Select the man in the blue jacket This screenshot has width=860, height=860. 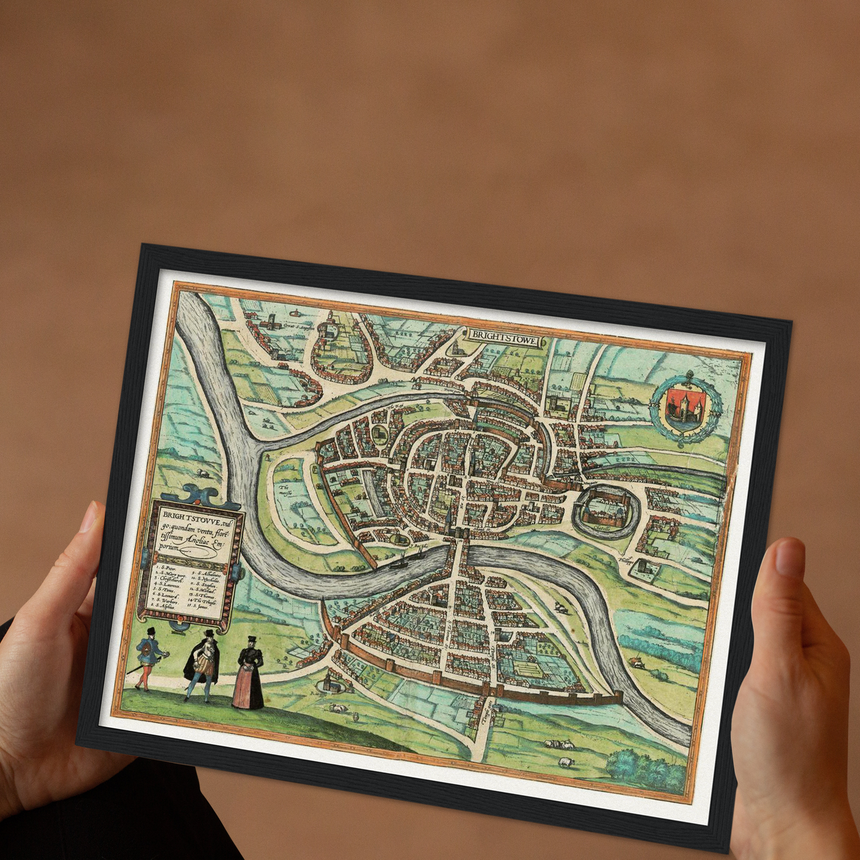(x=146, y=658)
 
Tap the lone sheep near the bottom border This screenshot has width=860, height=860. (x=563, y=762)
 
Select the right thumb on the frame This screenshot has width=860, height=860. (x=789, y=562)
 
